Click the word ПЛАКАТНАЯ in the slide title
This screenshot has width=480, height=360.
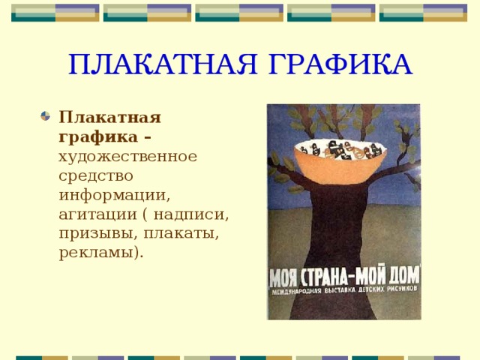(x=151, y=64)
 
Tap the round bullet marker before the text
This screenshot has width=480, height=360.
(x=46, y=117)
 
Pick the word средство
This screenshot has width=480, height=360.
(x=96, y=176)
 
